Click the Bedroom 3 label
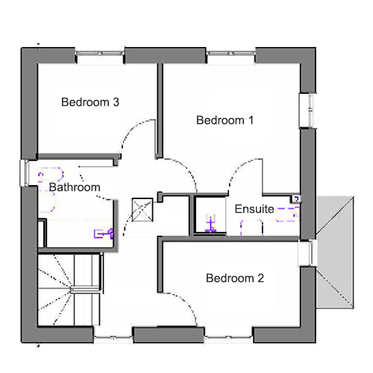tap(90, 102)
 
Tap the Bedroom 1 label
tap(225, 120)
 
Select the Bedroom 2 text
tap(235, 278)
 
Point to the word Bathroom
tap(75, 187)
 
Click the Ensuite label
tap(254, 209)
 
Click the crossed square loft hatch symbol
tap(142, 210)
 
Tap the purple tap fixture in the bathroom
tap(104, 233)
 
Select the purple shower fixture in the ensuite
tap(210, 224)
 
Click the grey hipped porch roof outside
tap(335, 252)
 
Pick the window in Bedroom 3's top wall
tap(100, 54)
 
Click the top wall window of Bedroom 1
tap(231, 54)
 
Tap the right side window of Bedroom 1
tap(308, 110)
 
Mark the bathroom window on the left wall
tap(25, 173)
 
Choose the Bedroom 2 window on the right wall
tap(307, 253)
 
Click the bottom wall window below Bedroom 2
tap(228, 338)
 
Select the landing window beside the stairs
tap(113, 338)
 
